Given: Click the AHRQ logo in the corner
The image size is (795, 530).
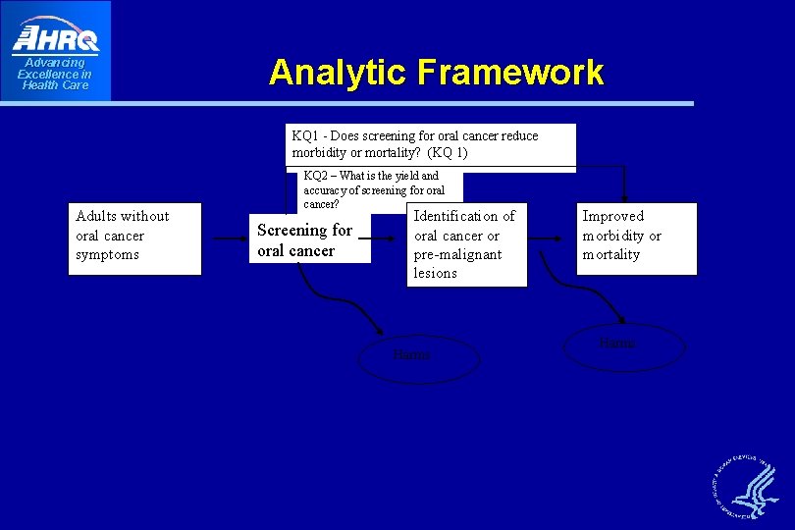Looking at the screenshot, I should [56, 36].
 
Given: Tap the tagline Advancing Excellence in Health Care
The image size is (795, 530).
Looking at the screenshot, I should [55, 75].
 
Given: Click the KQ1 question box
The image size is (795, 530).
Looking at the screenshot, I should [430, 144].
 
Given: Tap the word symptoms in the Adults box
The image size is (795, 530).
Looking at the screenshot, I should [107, 255].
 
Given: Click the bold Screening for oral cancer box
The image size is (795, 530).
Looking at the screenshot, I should [309, 239].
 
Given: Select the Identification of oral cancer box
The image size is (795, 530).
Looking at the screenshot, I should [467, 244].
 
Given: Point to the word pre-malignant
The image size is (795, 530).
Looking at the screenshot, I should [457, 254].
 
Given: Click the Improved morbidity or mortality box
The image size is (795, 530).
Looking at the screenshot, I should [638, 238].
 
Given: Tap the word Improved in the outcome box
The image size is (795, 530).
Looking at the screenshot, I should [612, 216].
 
